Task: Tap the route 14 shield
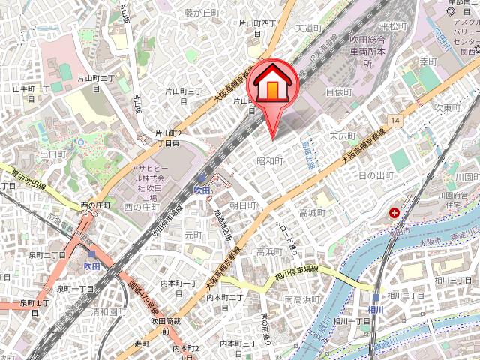pos(393,120)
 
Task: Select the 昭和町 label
pos(269,161)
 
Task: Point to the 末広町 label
pos(343,136)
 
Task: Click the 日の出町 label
pos(376,175)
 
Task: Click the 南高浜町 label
pos(301,299)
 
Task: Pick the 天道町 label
pos(308,28)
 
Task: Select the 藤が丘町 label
pos(201,13)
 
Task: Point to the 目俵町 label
pos(338,91)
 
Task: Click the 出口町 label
pos(53,154)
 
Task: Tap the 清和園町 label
pos(107,311)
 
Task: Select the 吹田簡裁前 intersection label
pos(164,326)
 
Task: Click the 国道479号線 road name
pos(143,292)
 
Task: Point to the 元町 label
pos(193,235)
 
